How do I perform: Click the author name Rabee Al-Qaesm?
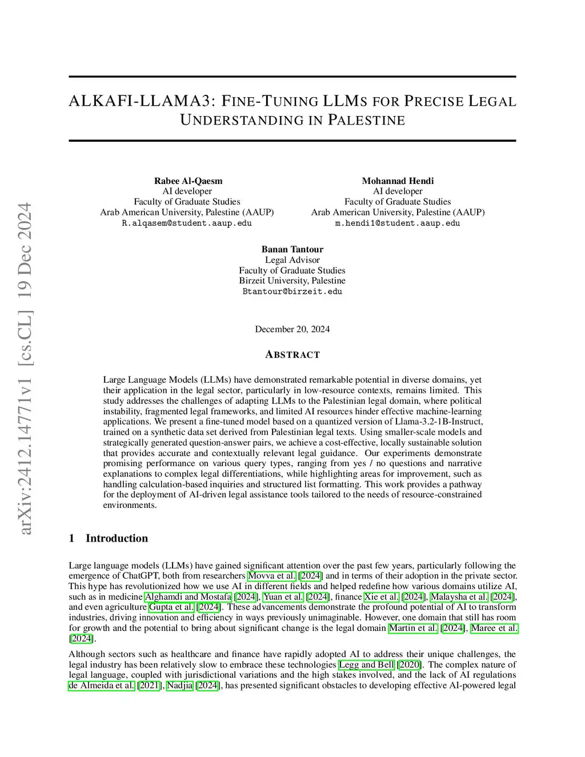point(188,181)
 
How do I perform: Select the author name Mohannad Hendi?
point(398,181)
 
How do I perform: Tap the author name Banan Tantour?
point(292,249)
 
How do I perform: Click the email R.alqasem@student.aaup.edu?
point(187,223)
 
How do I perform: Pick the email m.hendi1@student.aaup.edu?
point(398,223)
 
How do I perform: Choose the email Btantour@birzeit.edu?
point(292,291)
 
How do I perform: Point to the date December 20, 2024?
point(292,329)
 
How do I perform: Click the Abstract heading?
point(292,355)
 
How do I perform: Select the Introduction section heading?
point(117,538)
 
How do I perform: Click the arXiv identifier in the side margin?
point(26,369)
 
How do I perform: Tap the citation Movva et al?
point(272,576)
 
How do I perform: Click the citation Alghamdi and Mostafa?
point(188,597)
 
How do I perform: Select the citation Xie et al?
point(382,597)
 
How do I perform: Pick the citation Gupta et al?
point(171,607)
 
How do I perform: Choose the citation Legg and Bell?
point(366,664)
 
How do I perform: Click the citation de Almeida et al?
point(102,686)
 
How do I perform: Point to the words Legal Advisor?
point(292,260)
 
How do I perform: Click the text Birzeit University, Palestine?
point(292,281)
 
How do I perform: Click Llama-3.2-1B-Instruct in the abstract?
point(436,422)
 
